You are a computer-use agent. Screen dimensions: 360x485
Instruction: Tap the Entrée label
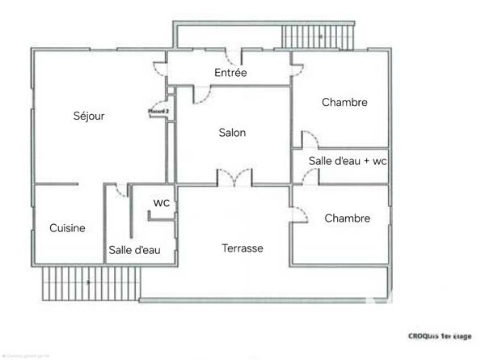point(230,73)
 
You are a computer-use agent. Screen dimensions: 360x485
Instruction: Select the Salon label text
point(232,133)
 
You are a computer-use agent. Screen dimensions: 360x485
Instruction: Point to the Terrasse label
point(242,248)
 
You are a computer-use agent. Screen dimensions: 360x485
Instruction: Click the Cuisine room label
point(67,228)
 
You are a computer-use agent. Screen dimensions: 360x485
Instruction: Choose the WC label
point(162,202)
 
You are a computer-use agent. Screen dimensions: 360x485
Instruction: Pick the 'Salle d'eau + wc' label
point(348,161)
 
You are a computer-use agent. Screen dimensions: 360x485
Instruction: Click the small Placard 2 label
point(158,111)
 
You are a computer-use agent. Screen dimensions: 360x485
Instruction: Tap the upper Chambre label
point(344,103)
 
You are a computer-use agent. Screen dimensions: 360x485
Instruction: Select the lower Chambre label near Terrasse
point(348,218)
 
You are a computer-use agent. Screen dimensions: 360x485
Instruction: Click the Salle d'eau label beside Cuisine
point(134,250)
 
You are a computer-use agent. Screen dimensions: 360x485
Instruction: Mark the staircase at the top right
point(318,36)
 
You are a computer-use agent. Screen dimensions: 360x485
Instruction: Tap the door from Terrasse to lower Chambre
point(297,213)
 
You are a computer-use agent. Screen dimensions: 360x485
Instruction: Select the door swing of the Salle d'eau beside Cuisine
point(120,191)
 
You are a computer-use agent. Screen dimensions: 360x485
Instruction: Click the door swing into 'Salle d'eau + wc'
point(310,176)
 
